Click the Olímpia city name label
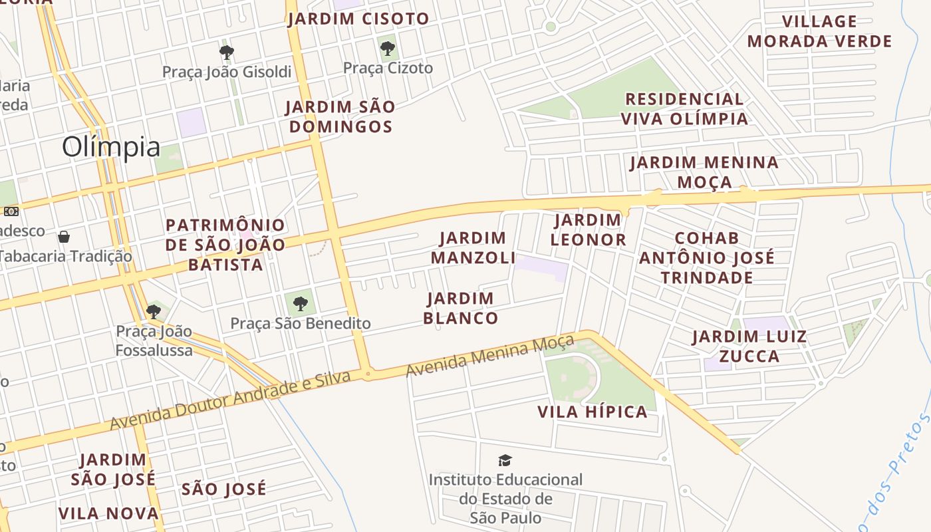(x=111, y=147)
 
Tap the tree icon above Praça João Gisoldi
(x=226, y=52)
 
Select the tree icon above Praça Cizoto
(x=387, y=49)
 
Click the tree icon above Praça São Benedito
(x=301, y=304)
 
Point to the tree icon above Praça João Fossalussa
(x=154, y=311)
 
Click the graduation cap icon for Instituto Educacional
(x=505, y=460)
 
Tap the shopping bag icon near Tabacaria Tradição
(x=64, y=237)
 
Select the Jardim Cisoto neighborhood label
(x=358, y=19)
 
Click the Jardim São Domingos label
(x=340, y=116)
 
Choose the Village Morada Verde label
(x=819, y=31)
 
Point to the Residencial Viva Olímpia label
(x=684, y=109)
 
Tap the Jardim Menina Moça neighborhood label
(x=704, y=172)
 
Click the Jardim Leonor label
(x=588, y=229)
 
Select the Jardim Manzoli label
(x=473, y=247)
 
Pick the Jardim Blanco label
(x=460, y=308)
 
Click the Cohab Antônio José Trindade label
(x=707, y=257)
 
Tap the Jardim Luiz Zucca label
(x=749, y=346)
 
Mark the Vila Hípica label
(x=592, y=412)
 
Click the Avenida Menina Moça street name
(x=489, y=356)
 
